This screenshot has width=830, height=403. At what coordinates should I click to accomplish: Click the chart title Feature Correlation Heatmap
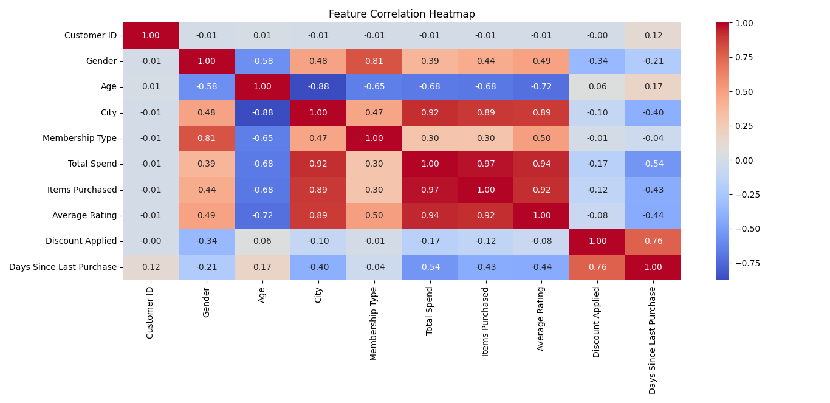[x=402, y=14]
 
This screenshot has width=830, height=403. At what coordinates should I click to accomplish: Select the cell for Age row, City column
[x=318, y=87]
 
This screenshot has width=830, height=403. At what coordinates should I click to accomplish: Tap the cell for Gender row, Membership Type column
[x=374, y=61]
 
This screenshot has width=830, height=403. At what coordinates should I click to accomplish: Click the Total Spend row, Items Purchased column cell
[x=485, y=164]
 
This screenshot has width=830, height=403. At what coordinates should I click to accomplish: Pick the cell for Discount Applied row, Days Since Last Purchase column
[x=653, y=241]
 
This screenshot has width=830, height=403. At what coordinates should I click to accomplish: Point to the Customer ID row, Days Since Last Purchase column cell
[x=653, y=36]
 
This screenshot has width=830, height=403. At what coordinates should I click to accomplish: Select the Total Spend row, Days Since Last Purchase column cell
[x=653, y=164]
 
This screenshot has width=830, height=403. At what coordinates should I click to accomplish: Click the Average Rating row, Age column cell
[x=262, y=216]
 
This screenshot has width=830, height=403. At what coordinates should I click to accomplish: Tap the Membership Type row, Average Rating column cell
[x=541, y=139]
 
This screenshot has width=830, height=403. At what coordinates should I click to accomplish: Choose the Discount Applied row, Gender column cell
[x=207, y=241]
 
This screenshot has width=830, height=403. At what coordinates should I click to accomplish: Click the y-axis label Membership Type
[x=80, y=139]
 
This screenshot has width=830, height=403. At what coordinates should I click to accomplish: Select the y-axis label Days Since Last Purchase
[x=63, y=267]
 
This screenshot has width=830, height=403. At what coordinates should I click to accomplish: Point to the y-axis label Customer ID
[x=91, y=36]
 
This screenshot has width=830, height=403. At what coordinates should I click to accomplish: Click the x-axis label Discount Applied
[x=597, y=322]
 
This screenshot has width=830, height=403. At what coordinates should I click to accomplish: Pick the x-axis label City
[x=318, y=295]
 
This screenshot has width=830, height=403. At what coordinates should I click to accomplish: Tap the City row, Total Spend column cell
[x=430, y=113]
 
